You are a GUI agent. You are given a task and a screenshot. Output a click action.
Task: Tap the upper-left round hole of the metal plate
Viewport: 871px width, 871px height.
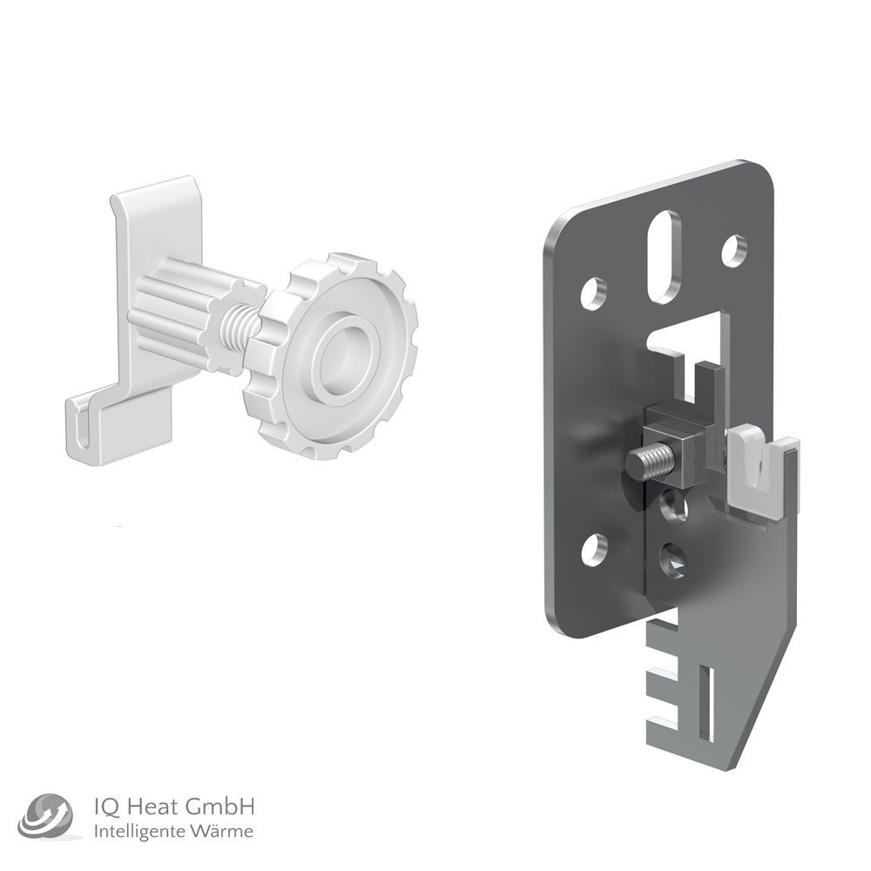(x=594, y=292)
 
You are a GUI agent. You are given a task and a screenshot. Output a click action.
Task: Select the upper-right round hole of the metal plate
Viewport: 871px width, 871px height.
(x=734, y=248)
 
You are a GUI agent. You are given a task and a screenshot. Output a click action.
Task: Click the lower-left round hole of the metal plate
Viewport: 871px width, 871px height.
(x=593, y=547)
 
